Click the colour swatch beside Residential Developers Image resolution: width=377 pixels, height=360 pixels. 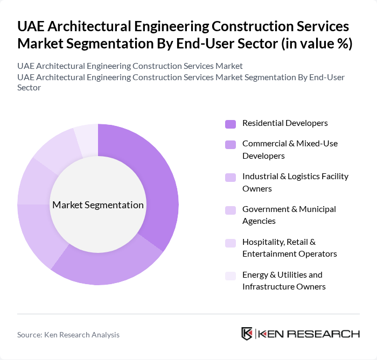pos(231,124)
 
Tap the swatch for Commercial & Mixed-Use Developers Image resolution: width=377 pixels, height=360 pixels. pos(231,144)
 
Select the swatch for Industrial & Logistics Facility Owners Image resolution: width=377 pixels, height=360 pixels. pos(231,177)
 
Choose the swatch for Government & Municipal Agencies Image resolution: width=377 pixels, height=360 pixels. pos(231,210)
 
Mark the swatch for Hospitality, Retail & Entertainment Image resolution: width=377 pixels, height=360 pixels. pos(231,243)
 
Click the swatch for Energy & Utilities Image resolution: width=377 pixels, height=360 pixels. pos(231,276)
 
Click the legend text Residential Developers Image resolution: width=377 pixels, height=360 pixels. pos(285,123)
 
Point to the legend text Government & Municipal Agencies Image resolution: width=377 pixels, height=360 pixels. pos(289,215)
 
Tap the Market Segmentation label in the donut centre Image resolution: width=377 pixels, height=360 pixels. pos(98,205)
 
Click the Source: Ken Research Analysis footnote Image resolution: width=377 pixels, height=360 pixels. pos(68,335)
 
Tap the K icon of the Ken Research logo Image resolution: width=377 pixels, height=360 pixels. pos(247,334)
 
